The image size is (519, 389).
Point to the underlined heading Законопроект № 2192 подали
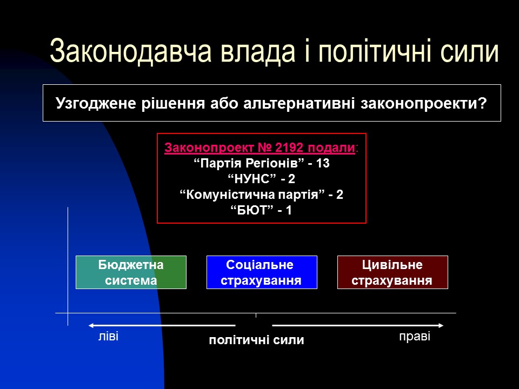(x=260, y=148)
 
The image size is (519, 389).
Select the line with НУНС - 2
(x=262, y=179)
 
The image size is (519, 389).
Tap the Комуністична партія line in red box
(x=262, y=195)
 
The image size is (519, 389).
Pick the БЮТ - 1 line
(x=262, y=211)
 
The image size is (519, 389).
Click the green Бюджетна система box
(x=131, y=272)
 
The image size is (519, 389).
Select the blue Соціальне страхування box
(x=262, y=272)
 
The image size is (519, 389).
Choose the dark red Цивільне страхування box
(x=392, y=272)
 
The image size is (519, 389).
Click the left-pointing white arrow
(x=162, y=325)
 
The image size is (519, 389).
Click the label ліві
(x=108, y=337)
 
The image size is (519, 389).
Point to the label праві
(x=415, y=337)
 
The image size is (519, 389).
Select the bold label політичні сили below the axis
(x=256, y=340)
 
